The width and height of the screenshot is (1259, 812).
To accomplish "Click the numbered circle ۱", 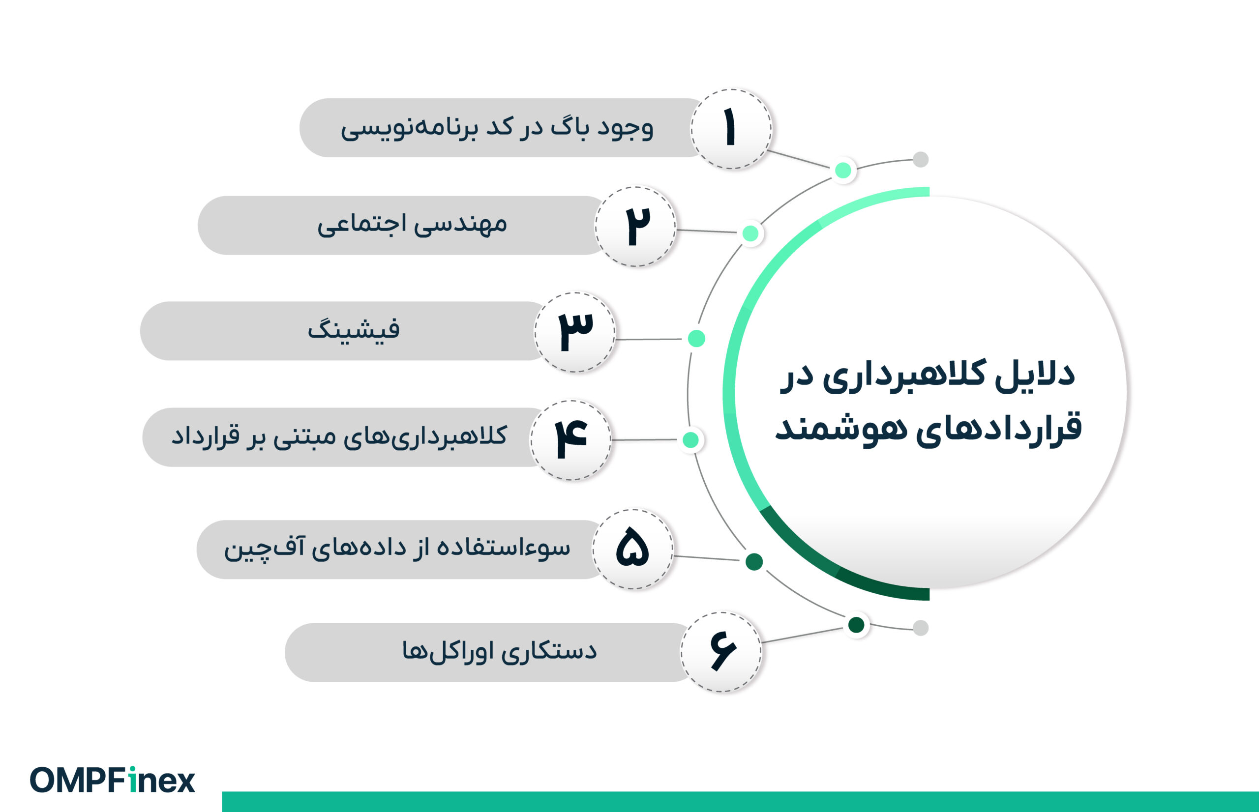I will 731,129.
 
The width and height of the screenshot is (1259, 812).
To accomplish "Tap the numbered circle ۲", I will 635,226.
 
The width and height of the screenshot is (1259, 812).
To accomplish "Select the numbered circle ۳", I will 575,332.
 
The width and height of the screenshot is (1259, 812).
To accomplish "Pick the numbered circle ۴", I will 570,440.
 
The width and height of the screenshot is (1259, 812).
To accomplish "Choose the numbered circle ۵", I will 632,549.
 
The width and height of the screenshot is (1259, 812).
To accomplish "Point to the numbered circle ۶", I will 721,652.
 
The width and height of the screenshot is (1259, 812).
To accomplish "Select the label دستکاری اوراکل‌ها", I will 499,652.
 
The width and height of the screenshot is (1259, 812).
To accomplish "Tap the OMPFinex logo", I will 112,781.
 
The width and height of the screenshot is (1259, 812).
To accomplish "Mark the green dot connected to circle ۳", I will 697,339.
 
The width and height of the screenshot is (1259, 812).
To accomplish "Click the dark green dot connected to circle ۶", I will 856,625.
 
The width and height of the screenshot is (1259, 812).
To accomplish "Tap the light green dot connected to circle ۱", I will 843,170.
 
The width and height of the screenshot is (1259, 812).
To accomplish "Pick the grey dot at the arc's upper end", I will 920,159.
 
